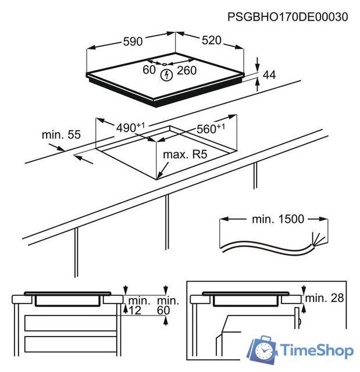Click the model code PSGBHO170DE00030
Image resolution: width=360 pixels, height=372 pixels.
click(288, 17)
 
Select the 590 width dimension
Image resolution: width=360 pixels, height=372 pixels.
click(133, 41)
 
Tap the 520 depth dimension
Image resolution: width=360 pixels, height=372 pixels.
click(212, 40)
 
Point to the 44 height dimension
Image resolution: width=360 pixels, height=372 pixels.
click(269, 75)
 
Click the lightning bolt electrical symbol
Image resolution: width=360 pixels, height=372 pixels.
click(166, 75)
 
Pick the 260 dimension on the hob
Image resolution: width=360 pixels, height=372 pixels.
click(187, 70)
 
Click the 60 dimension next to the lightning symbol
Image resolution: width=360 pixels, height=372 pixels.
click(149, 70)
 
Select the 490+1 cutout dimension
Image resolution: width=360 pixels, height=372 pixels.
click(130, 127)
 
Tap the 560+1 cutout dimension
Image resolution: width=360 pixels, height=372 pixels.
click(211, 128)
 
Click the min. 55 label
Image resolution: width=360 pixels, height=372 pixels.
click(61, 134)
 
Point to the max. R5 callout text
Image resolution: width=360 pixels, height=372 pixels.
click(185, 155)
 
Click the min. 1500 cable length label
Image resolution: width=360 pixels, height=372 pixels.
click(278, 219)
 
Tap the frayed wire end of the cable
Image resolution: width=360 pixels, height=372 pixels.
click(318, 238)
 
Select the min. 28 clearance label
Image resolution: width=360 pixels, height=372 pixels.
click(325, 298)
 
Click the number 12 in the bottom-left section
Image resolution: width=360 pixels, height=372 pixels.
click(135, 310)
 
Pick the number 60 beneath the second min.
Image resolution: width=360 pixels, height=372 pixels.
click(163, 310)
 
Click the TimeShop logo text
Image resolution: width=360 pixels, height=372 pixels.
click(317, 350)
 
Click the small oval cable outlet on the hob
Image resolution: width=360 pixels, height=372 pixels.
click(165, 64)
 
